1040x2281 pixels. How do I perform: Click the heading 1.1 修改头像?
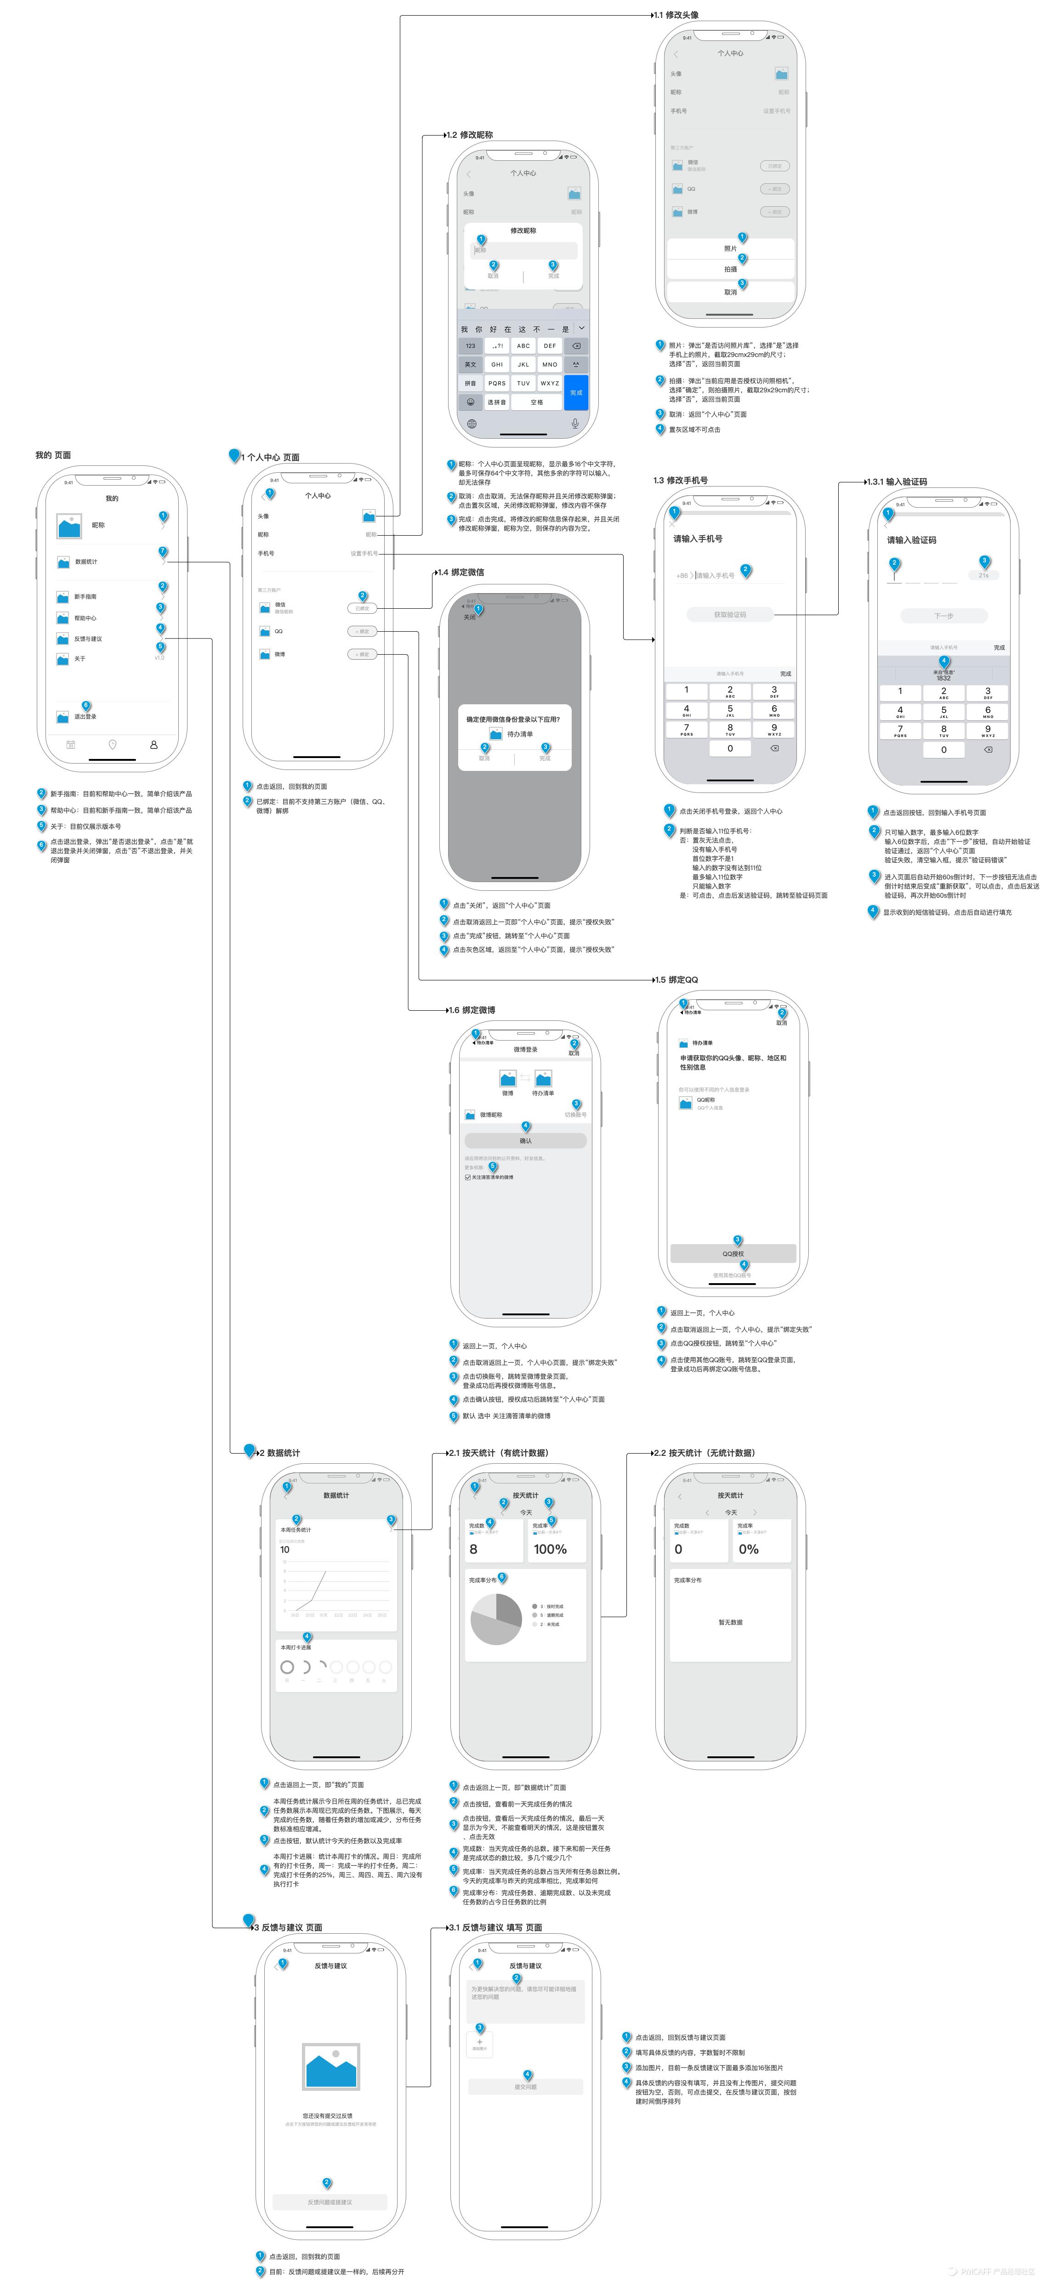point(679,15)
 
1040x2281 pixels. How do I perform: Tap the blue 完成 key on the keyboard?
point(576,392)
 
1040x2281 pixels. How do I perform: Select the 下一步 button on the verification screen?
point(943,616)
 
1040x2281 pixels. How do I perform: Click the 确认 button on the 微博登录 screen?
point(525,1140)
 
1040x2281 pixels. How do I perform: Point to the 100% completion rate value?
point(550,1549)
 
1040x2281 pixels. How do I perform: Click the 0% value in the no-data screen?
point(749,1549)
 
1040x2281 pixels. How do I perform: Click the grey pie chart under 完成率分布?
point(496,1619)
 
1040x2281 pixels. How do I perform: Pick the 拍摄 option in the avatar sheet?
point(730,269)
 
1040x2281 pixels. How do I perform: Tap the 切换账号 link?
point(576,1115)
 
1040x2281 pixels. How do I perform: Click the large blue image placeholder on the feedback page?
point(330,2067)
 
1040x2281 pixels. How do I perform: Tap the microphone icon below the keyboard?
point(575,423)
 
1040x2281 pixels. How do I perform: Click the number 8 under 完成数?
point(473,1549)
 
